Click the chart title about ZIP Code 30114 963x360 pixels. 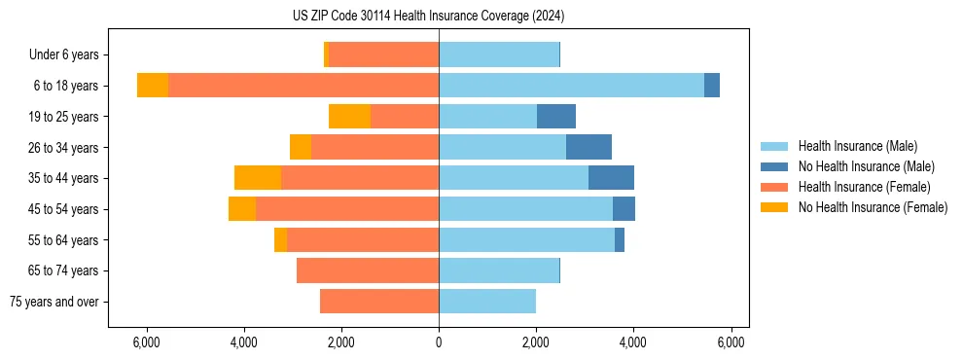[x=428, y=17]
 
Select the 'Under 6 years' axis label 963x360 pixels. [x=69, y=54]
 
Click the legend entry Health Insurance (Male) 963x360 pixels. [x=857, y=146]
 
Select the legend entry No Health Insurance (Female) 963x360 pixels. [x=873, y=207]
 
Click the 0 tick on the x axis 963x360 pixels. [x=439, y=342]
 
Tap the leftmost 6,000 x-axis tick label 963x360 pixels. [x=146, y=342]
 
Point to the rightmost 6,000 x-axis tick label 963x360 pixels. [x=731, y=342]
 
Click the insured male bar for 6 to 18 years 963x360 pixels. [x=571, y=86]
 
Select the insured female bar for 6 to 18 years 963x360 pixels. [x=303, y=86]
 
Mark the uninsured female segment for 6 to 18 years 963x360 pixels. [x=153, y=86]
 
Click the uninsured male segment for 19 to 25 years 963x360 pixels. [x=556, y=117]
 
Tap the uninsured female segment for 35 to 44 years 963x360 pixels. [x=258, y=178]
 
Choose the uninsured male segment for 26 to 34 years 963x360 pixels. [x=588, y=147]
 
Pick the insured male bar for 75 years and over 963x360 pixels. [x=487, y=302]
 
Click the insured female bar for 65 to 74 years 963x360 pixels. [x=368, y=270]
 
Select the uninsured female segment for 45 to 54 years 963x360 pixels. [x=242, y=209]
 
